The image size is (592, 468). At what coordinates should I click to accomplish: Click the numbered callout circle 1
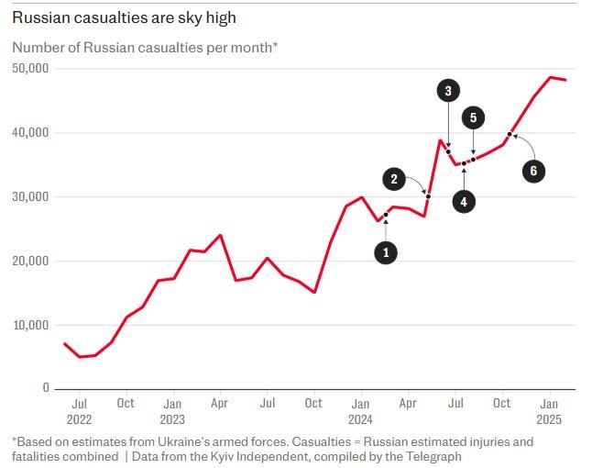(386, 252)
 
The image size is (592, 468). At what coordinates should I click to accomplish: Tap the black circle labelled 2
(394, 179)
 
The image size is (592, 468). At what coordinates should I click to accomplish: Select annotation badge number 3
(447, 91)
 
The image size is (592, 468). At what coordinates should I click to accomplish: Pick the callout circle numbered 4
(464, 201)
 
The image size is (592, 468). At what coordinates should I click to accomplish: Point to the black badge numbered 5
(473, 117)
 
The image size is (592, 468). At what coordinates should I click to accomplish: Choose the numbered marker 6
(533, 170)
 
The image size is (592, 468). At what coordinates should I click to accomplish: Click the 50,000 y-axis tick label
(31, 69)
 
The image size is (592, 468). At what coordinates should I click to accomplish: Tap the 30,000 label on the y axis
(31, 197)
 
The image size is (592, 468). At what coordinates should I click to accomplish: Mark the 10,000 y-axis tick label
(31, 325)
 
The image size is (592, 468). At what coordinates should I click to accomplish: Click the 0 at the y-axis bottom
(46, 388)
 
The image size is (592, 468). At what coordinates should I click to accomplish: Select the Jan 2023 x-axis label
(172, 411)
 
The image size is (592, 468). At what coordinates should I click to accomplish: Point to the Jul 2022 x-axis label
(79, 411)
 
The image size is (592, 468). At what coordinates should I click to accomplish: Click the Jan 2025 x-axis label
(549, 411)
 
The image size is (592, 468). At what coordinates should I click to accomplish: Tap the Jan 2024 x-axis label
(360, 411)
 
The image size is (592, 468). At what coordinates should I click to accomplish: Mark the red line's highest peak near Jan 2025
(551, 77)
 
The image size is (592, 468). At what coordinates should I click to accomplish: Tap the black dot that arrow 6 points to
(510, 134)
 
